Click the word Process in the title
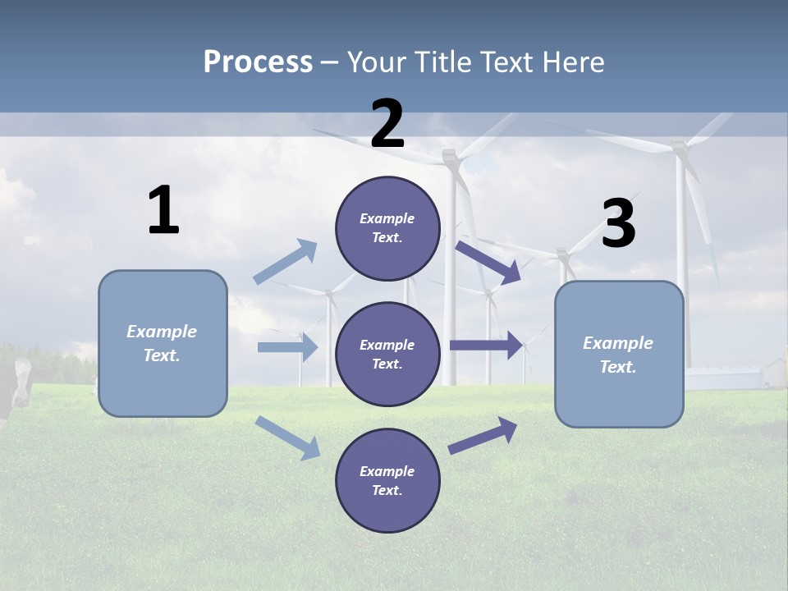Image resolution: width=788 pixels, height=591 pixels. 258,62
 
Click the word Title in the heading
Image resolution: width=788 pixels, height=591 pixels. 444,62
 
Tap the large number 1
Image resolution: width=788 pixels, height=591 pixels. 163,211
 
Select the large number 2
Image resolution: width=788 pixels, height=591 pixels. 387,124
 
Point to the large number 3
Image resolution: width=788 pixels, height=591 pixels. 618,224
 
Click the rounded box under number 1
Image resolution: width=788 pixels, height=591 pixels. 163,343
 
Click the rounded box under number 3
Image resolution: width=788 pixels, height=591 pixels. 619,355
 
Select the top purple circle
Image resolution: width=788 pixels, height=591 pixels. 387,228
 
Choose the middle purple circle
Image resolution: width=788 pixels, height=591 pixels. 387,355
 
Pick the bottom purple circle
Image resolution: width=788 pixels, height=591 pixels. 387,481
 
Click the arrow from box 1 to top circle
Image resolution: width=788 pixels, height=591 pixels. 286,262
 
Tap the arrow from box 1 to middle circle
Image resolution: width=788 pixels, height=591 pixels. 287,347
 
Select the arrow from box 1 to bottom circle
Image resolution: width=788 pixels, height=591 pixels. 287,438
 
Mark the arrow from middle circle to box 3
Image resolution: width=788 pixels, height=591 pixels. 486,345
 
